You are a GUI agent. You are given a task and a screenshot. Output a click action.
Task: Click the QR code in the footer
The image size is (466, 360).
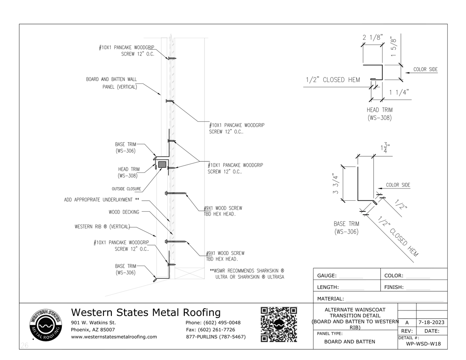278,324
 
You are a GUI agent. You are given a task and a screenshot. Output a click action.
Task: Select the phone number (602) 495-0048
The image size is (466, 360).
213,323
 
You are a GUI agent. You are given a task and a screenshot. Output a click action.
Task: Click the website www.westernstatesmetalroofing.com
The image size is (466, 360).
114,337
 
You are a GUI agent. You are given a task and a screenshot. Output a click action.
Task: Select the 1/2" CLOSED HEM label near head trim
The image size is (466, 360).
333,80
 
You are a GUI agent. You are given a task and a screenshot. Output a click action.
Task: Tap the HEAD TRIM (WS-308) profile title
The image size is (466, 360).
379,114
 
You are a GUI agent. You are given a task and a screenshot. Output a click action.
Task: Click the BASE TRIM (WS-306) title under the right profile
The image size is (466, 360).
346,227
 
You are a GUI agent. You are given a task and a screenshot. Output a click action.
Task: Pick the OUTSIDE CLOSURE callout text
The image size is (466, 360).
126,189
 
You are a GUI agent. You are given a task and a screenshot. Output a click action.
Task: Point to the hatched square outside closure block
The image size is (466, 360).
162,163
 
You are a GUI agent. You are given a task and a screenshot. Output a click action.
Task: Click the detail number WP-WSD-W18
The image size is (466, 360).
423,343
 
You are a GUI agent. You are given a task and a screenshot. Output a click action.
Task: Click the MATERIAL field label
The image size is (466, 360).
330,299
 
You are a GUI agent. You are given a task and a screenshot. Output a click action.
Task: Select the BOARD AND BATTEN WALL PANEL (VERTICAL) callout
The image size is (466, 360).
111,83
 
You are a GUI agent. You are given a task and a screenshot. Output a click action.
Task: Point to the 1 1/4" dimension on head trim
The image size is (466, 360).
399,93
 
